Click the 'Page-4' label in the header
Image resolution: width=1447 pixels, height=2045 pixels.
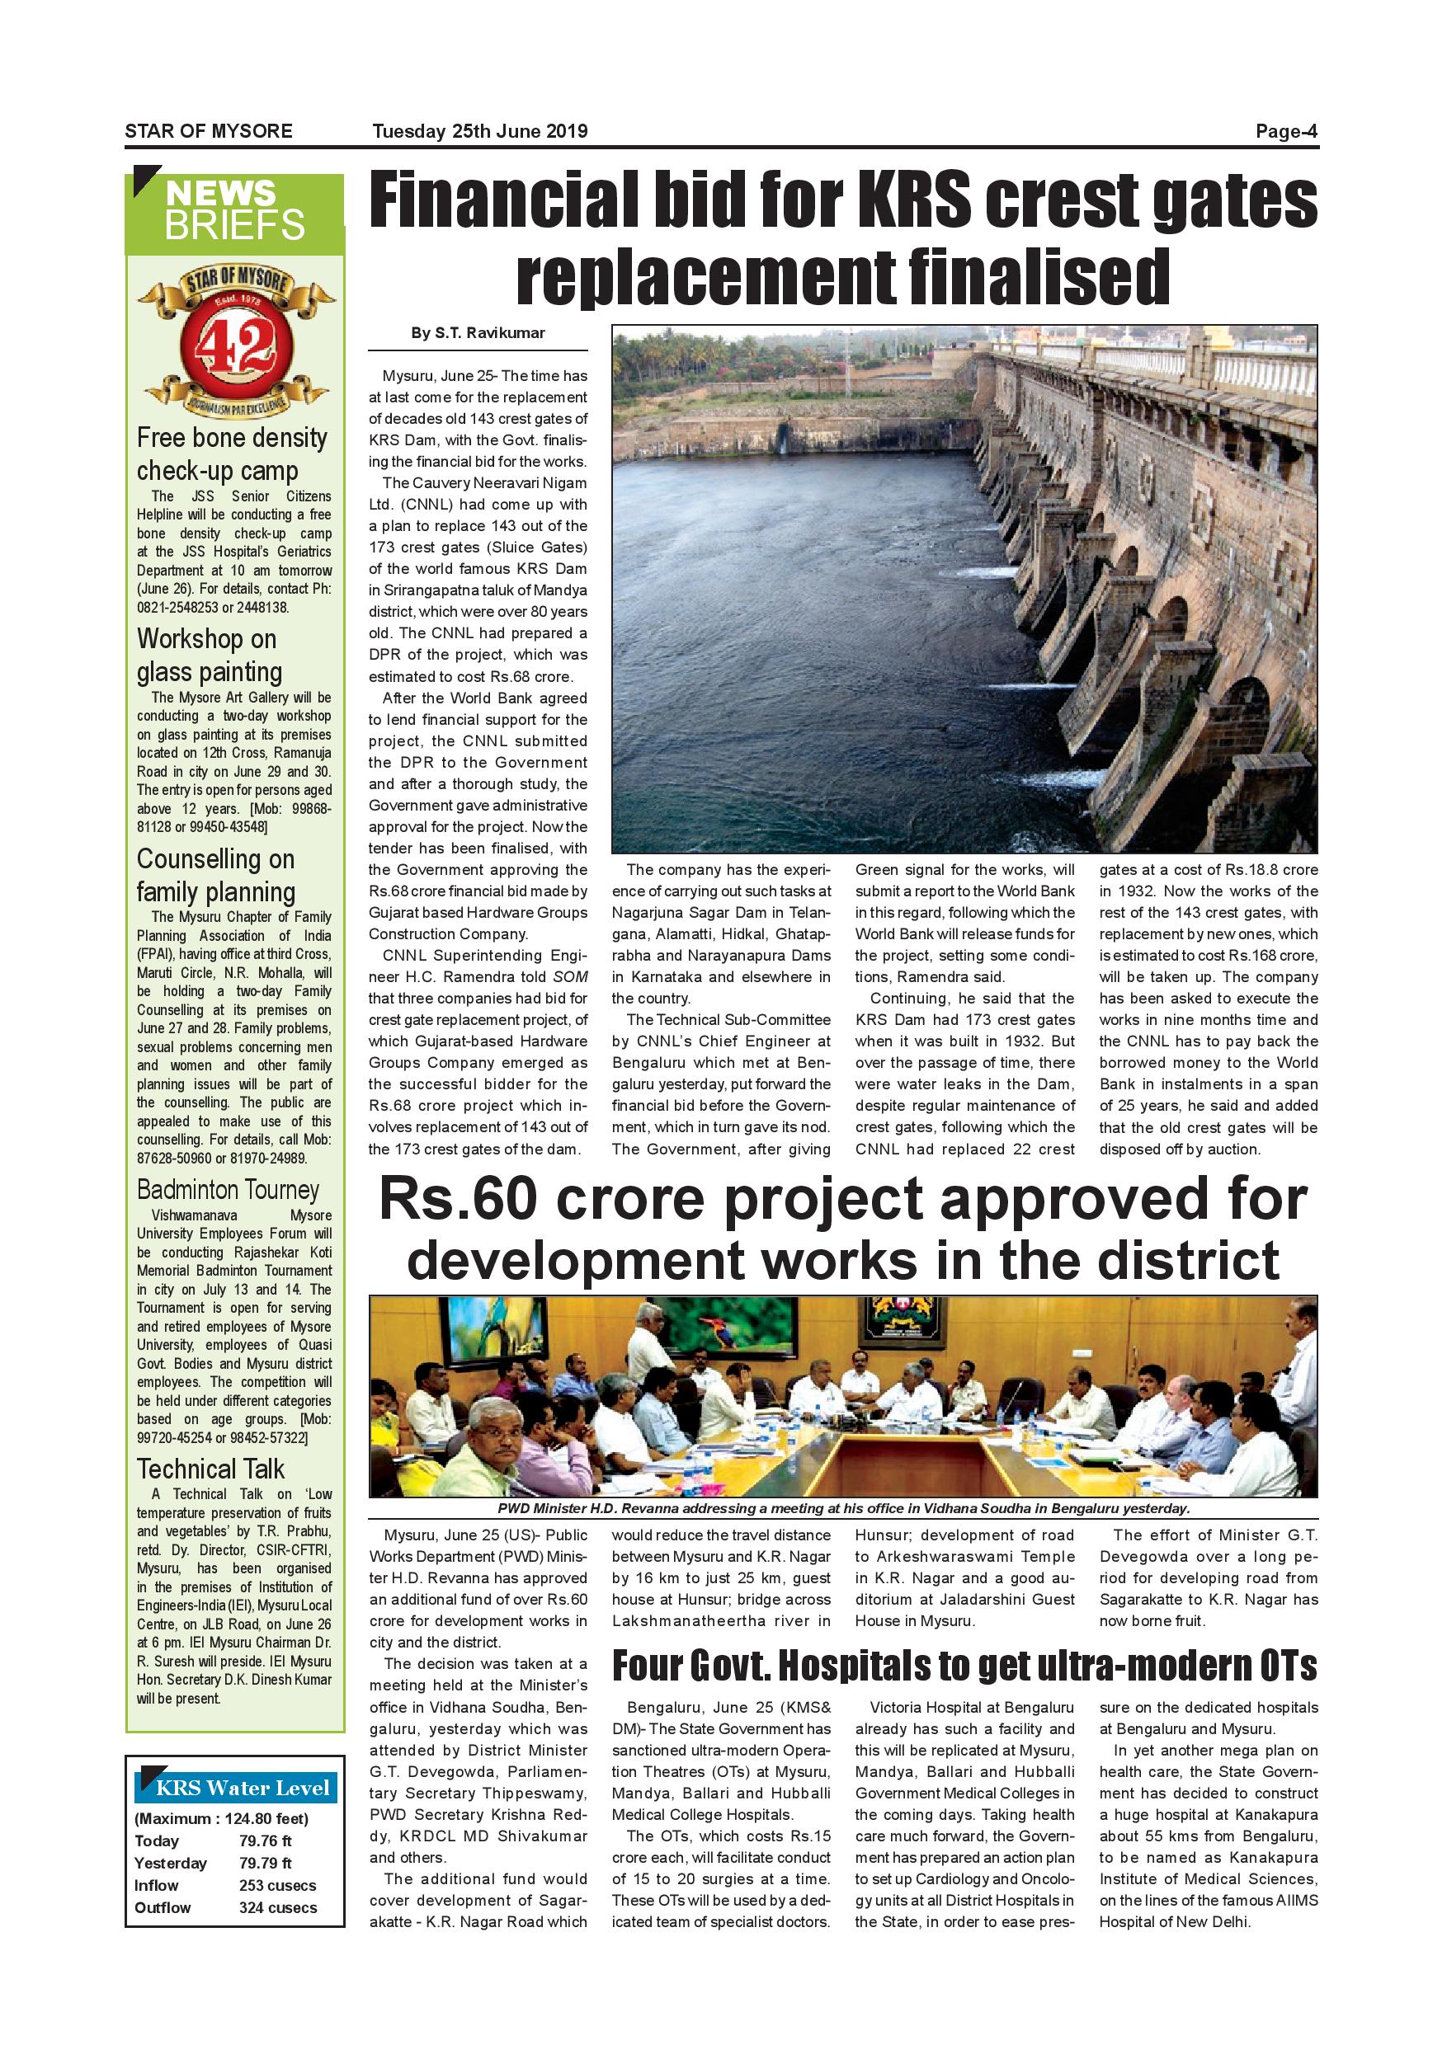click(x=1286, y=132)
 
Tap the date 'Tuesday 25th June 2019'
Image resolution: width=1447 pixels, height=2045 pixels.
click(x=479, y=132)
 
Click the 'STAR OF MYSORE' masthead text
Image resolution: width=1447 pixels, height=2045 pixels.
click(x=209, y=132)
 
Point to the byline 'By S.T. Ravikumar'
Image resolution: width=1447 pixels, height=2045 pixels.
click(x=478, y=333)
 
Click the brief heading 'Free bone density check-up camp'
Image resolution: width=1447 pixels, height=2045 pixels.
click(x=232, y=454)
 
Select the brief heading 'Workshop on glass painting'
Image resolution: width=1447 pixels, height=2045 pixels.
click(x=210, y=655)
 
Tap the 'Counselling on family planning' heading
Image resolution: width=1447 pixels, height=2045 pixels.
click(x=215, y=875)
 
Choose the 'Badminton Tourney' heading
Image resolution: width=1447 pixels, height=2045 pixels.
click(x=228, y=1190)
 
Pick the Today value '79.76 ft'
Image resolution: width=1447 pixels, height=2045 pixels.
click(x=265, y=1840)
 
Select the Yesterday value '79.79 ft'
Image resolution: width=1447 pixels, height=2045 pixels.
click(x=265, y=1863)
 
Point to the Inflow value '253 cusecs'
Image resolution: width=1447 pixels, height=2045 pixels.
click(x=277, y=1885)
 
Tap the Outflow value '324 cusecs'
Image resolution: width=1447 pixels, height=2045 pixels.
click(x=277, y=1907)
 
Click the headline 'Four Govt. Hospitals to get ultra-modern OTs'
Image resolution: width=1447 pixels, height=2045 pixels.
click(x=964, y=1666)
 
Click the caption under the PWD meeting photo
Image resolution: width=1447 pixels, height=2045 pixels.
click(x=843, y=1509)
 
